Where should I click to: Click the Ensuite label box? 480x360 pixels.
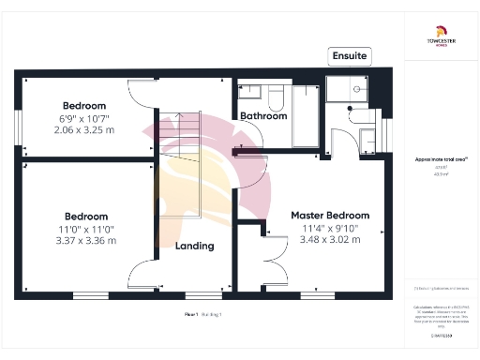350,56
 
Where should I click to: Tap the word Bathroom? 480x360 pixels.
262,116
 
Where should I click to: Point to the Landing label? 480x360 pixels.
194,246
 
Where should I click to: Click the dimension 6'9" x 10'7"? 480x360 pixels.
84,118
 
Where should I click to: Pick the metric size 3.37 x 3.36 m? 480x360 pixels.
84,240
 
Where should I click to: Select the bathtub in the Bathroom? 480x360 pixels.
307,117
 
